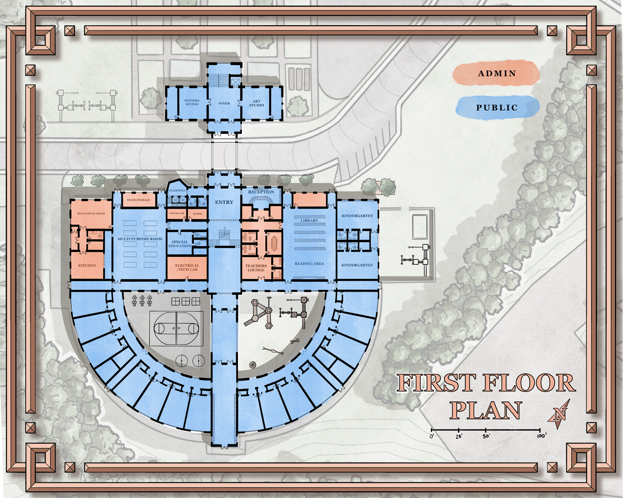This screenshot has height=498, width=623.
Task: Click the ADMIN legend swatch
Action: (496, 74)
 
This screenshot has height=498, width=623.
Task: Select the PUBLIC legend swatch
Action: (497, 108)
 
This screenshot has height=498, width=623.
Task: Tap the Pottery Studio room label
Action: (192, 102)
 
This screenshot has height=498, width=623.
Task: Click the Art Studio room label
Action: (256, 103)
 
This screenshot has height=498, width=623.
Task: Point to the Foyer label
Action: (224, 103)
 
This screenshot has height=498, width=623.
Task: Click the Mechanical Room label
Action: (91, 213)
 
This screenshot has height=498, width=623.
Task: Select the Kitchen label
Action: (87, 265)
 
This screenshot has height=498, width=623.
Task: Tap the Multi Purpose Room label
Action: (140, 239)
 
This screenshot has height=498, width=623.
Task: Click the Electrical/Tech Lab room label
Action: (187, 267)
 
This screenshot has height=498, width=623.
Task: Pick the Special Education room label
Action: (180, 244)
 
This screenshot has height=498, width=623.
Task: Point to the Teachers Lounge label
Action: (256, 268)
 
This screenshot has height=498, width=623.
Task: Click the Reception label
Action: (261, 192)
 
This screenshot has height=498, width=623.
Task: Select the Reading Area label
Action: (309, 264)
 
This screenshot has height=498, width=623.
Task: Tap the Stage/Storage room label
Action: (138, 200)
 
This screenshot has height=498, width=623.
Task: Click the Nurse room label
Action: (198, 214)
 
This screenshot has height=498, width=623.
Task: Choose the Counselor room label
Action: (177, 213)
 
